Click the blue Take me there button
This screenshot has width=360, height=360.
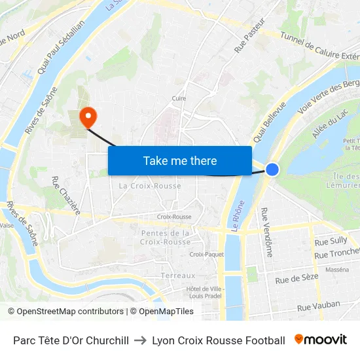click(x=179, y=160)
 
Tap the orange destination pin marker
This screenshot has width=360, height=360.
click(x=87, y=117)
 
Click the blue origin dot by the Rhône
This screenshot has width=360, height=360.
click(x=272, y=170)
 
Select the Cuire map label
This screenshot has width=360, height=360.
click(x=179, y=99)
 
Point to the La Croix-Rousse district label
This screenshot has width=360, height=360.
click(x=150, y=186)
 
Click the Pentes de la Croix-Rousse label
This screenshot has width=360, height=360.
click(x=166, y=238)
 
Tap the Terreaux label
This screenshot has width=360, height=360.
click(x=178, y=276)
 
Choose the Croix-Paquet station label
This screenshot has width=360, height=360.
click(x=206, y=255)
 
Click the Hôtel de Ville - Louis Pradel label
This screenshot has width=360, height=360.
click(x=205, y=293)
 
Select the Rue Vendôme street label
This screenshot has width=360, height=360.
click(x=267, y=232)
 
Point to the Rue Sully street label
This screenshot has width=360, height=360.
click(x=331, y=241)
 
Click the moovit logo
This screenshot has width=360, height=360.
click(x=320, y=340)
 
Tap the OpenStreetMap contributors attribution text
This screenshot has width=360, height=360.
click(x=65, y=312)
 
